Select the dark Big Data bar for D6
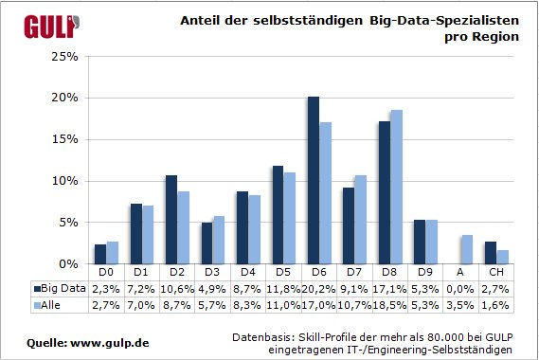(x=314, y=180)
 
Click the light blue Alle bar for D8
(x=396, y=187)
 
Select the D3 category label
(x=211, y=272)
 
